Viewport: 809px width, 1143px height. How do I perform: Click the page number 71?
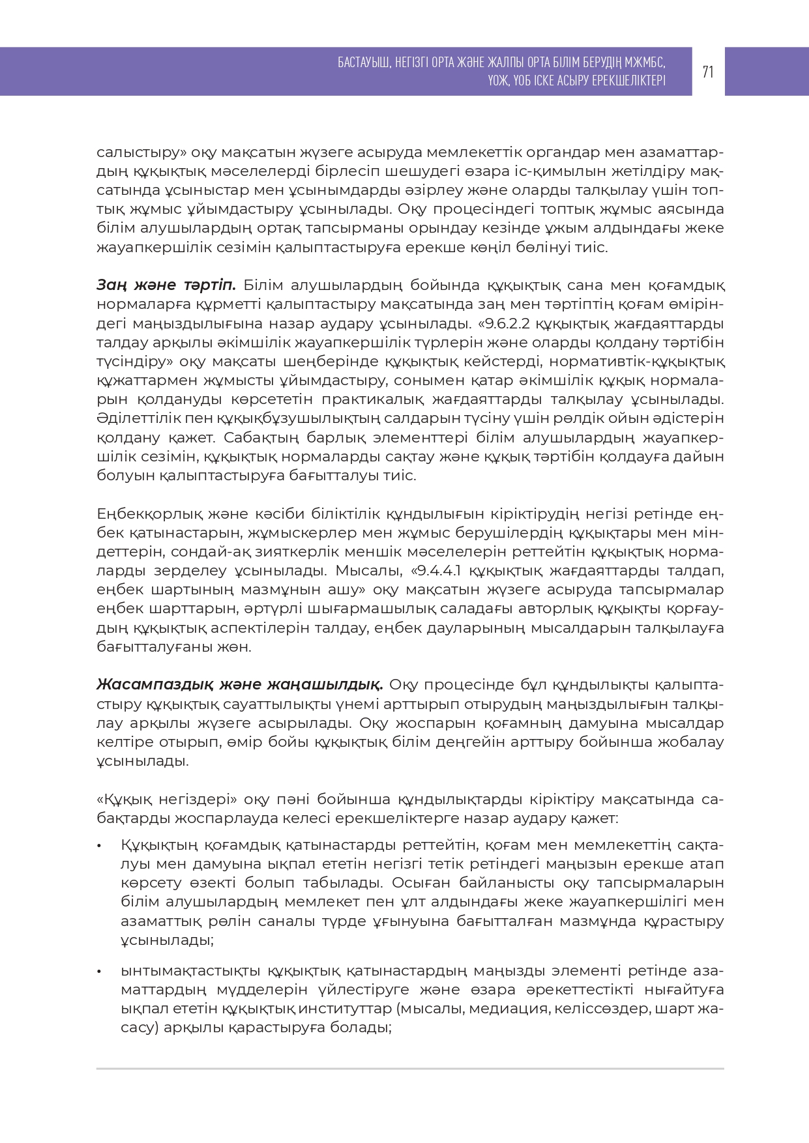(708, 72)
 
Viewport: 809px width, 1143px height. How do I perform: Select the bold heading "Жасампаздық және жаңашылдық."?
(239, 685)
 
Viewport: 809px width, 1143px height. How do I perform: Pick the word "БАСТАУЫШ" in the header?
(364, 63)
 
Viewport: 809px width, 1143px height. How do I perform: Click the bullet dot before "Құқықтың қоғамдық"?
(100, 846)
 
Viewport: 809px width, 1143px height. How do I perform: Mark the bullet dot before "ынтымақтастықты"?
(100, 972)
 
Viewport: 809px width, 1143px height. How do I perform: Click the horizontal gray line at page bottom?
(410, 1069)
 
